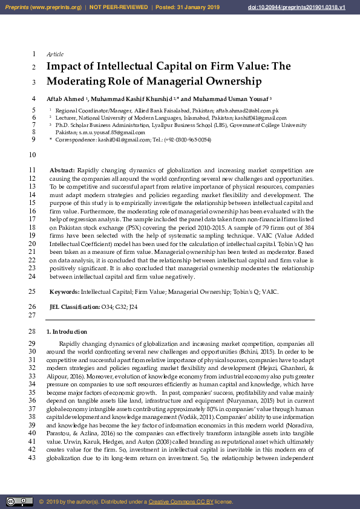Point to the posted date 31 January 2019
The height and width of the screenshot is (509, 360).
pos(197,7)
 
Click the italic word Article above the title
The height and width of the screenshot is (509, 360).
pos(55,54)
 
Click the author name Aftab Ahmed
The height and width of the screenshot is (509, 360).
pos(65,99)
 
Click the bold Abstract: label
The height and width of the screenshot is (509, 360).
pos(62,171)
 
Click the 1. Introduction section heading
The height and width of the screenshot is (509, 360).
pos(67,332)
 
